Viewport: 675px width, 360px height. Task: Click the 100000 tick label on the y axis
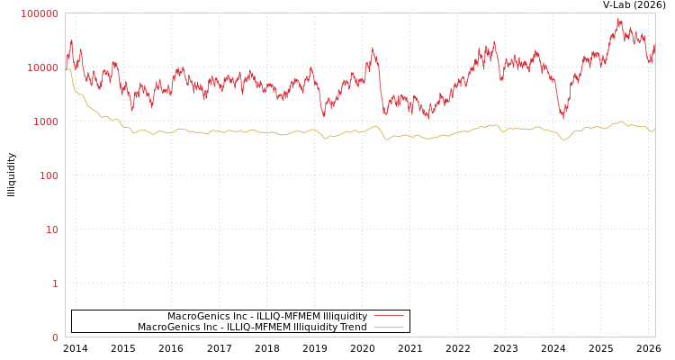point(40,14)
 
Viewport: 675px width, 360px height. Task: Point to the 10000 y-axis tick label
point(43,68)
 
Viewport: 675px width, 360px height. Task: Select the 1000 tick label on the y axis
point(46,122)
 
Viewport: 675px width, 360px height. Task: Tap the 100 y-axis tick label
point(49,176)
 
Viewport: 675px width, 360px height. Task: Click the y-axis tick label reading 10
point(51,230)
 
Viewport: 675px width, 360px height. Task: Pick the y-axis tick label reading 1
point(55,284)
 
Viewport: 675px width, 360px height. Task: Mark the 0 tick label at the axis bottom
point(55,338)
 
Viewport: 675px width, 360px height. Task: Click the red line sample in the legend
point(388,316)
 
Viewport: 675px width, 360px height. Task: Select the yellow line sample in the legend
point(388,327)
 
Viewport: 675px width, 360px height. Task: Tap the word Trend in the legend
point(353,327)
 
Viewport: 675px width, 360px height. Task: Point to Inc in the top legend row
point(239,316)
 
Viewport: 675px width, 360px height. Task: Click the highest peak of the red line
point(619,18)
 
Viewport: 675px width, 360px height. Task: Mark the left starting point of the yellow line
point(66,69)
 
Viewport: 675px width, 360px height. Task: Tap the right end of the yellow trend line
point(654,130)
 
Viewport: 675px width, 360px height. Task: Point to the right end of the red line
point(654,45)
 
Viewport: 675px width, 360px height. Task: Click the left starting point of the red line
point(66,61)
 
